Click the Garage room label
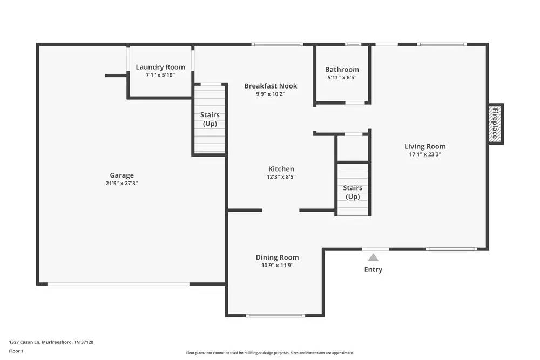(122, 175)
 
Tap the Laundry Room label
(160, 67)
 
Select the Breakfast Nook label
(271, 86)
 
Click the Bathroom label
(342, 70)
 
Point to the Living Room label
(425, 146)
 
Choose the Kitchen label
(281, 169)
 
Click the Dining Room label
(277, 257)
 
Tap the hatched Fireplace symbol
(495, 124)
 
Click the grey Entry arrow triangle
(373, 257)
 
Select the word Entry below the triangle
(373, 270)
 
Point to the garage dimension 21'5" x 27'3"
(122, 183)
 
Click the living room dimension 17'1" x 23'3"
(426, 154)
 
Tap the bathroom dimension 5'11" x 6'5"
(342, 78)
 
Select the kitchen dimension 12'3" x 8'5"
(281, 176)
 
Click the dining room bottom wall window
(275, 315)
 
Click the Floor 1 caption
(17, 351)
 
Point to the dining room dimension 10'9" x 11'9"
(277, 265)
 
